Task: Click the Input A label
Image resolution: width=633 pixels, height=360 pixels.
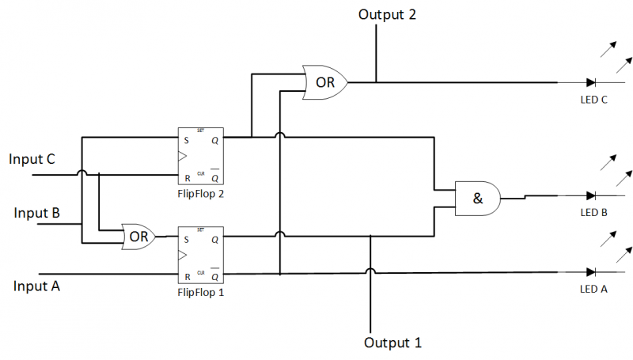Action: coord(36,286)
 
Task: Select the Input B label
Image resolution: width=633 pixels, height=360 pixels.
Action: coord(37,213)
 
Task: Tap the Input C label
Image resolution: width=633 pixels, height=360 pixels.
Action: coord(32,159)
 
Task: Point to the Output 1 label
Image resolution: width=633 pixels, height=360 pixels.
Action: coord(392,343)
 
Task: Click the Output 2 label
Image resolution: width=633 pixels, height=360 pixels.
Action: coord(387,14)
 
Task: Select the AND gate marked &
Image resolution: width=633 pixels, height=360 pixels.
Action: coord(478,199)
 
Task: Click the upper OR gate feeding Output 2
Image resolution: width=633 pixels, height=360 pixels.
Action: coord(325,81)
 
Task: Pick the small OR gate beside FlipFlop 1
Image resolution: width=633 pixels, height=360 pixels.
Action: coord(138,236)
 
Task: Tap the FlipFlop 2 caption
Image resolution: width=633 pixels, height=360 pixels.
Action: coord(200,192)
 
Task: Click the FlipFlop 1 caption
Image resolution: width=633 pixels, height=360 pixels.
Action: coord(200,292)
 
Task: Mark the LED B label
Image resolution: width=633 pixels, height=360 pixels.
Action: coord(593,212)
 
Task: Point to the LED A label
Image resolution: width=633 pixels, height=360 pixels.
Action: coord(593,289)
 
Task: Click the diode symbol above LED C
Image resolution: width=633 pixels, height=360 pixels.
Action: coord(591,82)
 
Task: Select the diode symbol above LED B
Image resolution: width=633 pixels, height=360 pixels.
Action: coord(591,195)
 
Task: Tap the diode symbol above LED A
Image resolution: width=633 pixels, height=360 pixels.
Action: coord(591,271)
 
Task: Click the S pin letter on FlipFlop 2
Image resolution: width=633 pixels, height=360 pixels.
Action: coord(186,139)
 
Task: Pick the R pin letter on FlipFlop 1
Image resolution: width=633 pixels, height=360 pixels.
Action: coord(186,276)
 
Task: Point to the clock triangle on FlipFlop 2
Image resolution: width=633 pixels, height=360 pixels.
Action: coord(183,157)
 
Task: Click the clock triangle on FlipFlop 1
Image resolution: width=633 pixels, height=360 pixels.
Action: coord(183,256)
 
